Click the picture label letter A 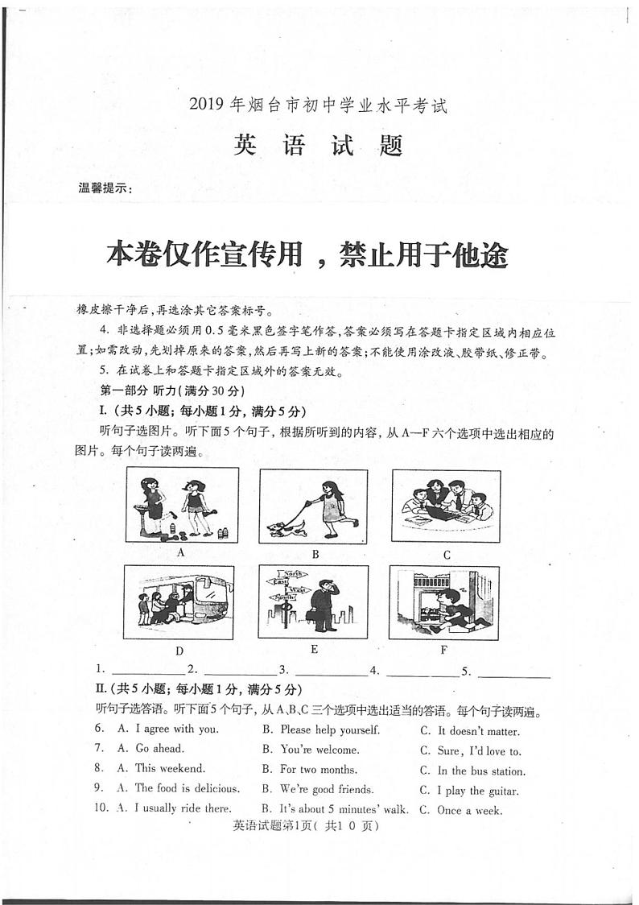coord(181,552)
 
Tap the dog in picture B coord(288,527)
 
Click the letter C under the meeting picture coord(447,555)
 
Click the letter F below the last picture coord(443,649)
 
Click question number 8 coord(99,769)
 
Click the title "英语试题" coord(318,146)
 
